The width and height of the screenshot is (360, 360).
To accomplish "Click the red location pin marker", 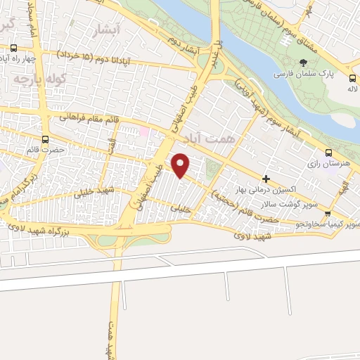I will pyautogui.click(x=181, y=165).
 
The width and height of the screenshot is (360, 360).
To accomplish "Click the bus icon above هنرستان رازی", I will pyautogui.click(x=328, y=153).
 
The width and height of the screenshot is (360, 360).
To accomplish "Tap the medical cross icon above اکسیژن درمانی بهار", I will pyautogui.click(x=266, y=179).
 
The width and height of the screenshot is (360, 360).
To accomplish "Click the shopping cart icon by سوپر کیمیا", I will pyautogui.click(x=347, y=213).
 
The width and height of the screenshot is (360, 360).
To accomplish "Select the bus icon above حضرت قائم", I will pyautogui.click(x=46, y=139).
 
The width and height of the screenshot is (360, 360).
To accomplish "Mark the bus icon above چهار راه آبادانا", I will pyautogui.click(x=14, y=48).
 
